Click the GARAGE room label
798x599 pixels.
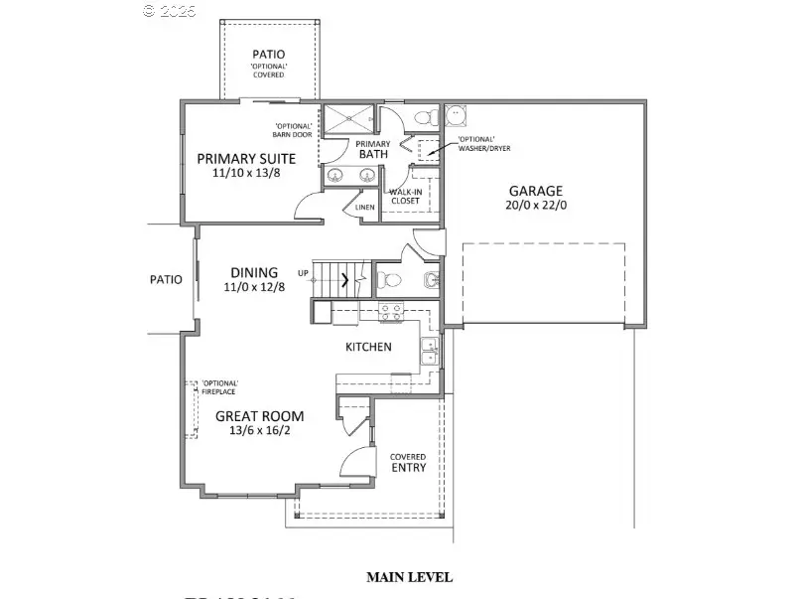click(536, 192)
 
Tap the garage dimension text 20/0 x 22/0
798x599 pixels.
click(536, 207)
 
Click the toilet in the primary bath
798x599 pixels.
click(424, 118)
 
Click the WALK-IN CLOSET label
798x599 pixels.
click(405, 196)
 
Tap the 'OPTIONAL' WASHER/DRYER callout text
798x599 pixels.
click(479, 143)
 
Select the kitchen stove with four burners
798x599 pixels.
click(389, 310)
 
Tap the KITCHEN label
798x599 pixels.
click(368, 348)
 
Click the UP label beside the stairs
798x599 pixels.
click(303, 273)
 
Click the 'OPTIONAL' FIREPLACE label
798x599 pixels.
click(219, 387)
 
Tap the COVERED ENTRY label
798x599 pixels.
click(408, 462)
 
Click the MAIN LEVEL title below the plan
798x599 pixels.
click(409, 577)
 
